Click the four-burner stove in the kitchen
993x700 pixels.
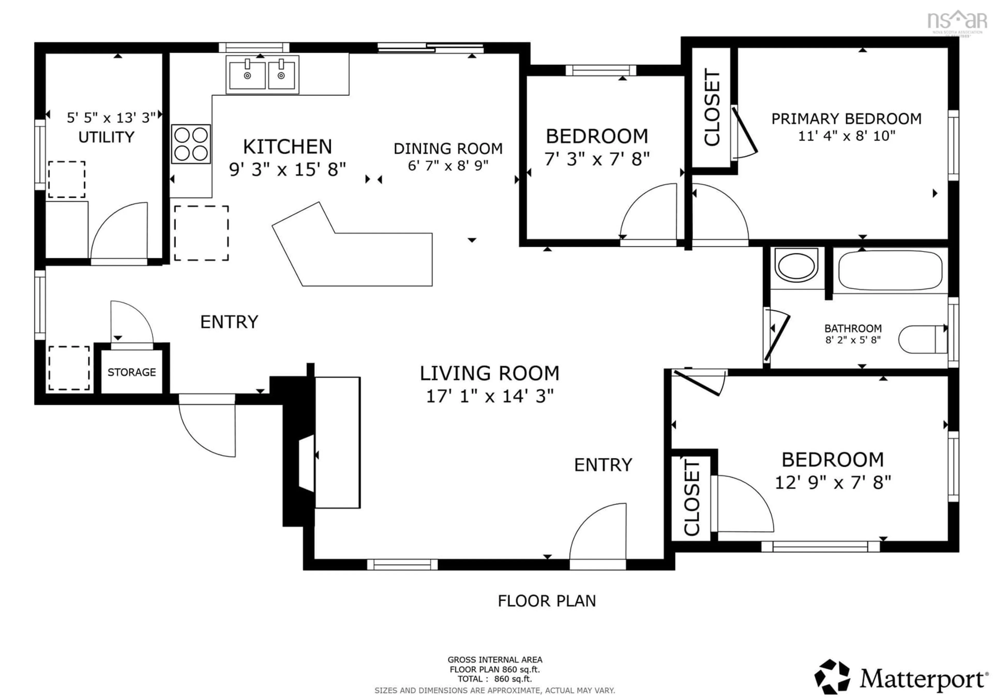191,144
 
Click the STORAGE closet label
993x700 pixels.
131,372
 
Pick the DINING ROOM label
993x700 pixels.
448,149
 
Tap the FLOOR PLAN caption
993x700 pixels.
547,601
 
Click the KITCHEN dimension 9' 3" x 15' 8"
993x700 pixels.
288,169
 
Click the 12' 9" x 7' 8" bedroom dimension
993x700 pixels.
833,482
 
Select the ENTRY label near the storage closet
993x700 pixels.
229,322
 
